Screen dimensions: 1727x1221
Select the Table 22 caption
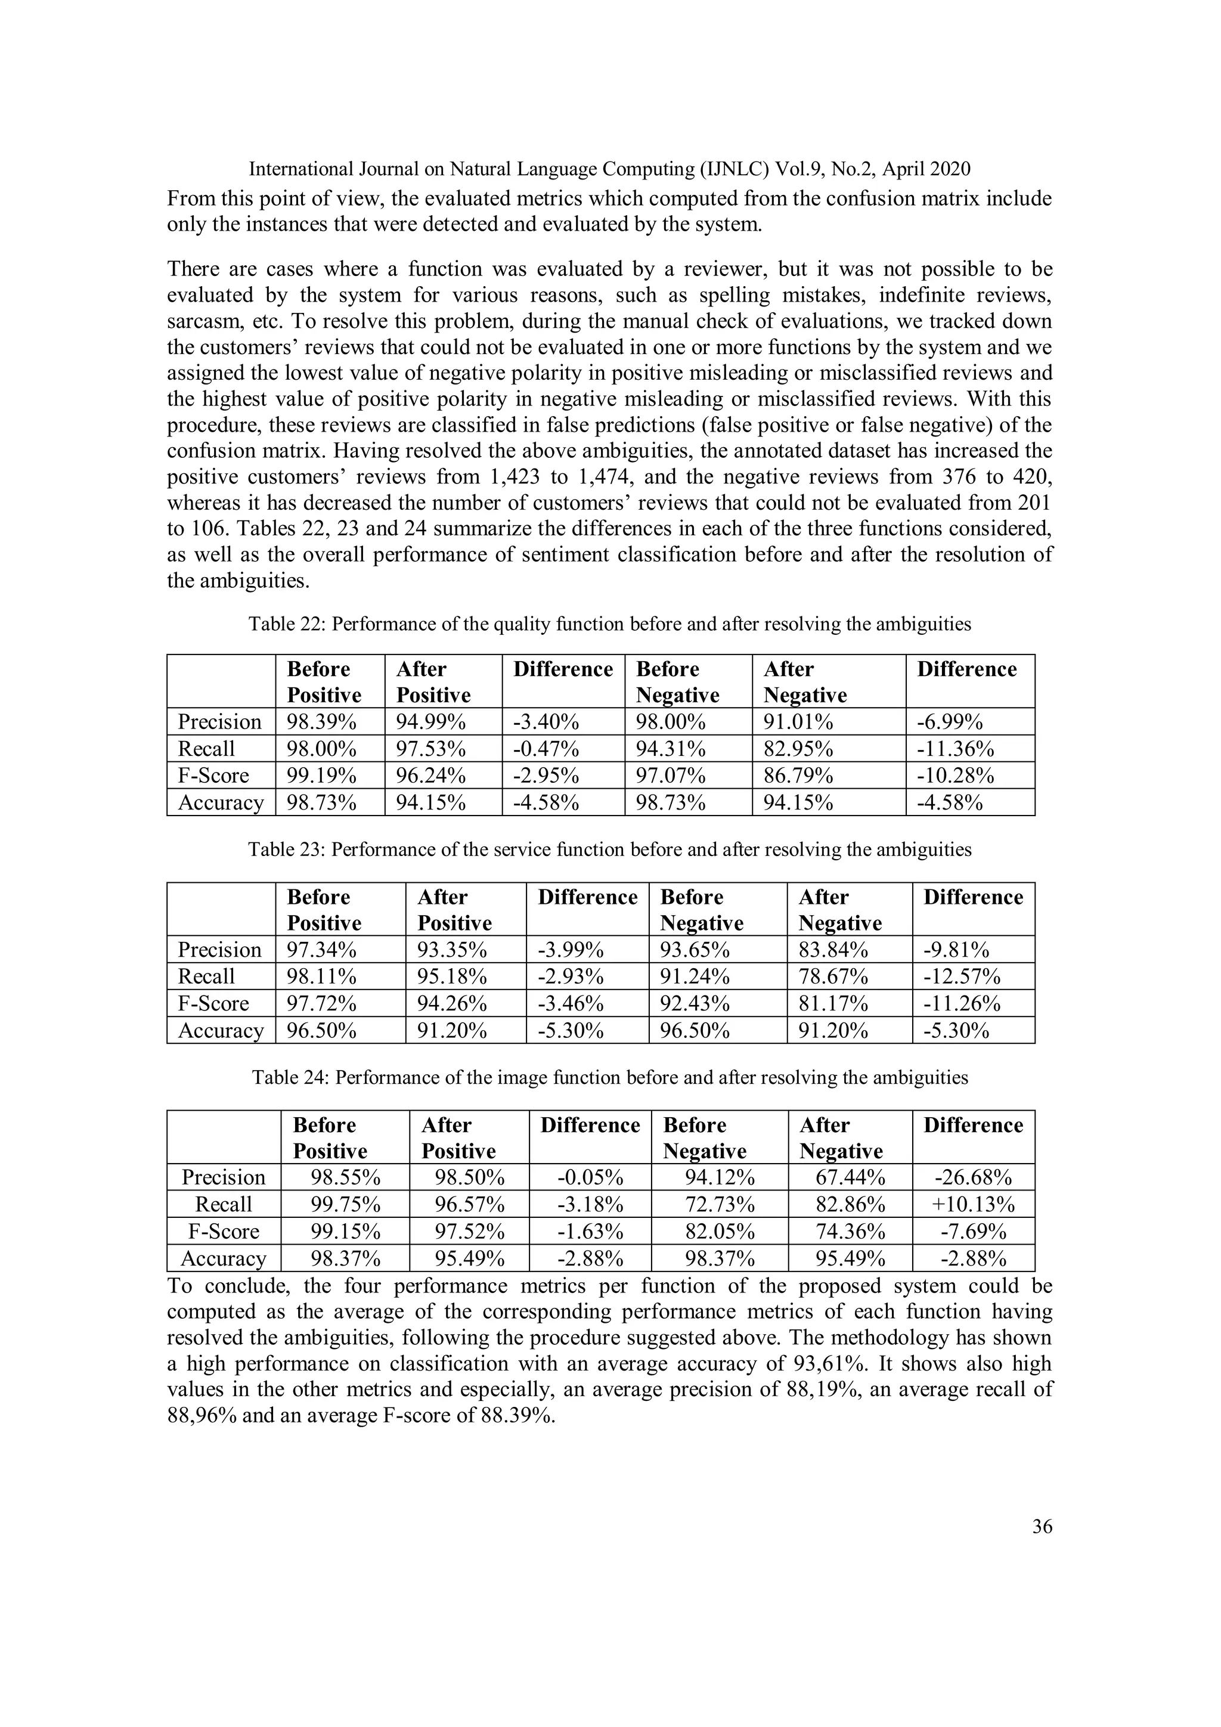[x=609, y=624]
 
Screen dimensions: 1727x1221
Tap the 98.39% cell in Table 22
[x=321, y=722]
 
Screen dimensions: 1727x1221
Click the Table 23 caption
[x=609, y=850]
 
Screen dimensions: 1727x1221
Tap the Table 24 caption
[x=609, y=1078]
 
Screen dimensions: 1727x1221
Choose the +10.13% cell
[x=973, y=1205]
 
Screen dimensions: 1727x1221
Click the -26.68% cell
[x=973, y=1178]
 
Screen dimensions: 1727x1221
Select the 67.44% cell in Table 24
[x=850, y=1178]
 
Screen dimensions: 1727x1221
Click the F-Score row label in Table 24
[x=224, y=1232]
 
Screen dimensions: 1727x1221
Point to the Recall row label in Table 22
[x=206, y=749]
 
